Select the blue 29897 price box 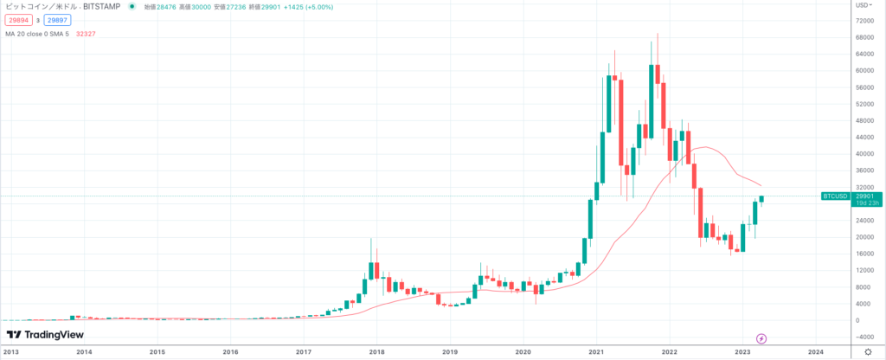click(x=57, y=19)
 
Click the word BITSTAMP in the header click(x=103, y=6)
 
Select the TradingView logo click(x=41, y=335)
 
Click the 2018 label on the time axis click(x=376, y=352)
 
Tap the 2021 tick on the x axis click(x=595, y=352)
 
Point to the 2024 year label click(x=814, y=352)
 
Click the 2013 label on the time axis click(x=11, y=352)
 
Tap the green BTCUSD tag click(x=833, y=196)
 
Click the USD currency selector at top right click(x=864, y=5)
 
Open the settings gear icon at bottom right click(x=868, y=352)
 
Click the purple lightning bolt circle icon click(x=761, y=337)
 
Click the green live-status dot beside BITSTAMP click(x=131, y=6)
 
